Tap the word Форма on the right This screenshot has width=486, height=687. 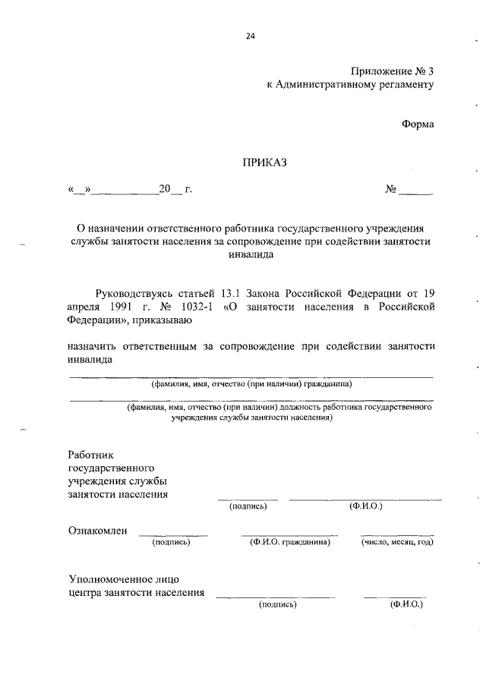[x=418, y=124]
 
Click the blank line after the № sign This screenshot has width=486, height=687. [x=417, y=191]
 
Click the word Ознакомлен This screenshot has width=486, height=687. [x=97, y=531]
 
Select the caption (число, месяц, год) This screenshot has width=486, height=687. [x=397, y=542]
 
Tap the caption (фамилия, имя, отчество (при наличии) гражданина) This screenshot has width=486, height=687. [x=251, y=384]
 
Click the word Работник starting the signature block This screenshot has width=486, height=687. [x=90, y=453]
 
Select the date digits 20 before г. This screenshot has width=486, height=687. [x=165, y=189]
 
